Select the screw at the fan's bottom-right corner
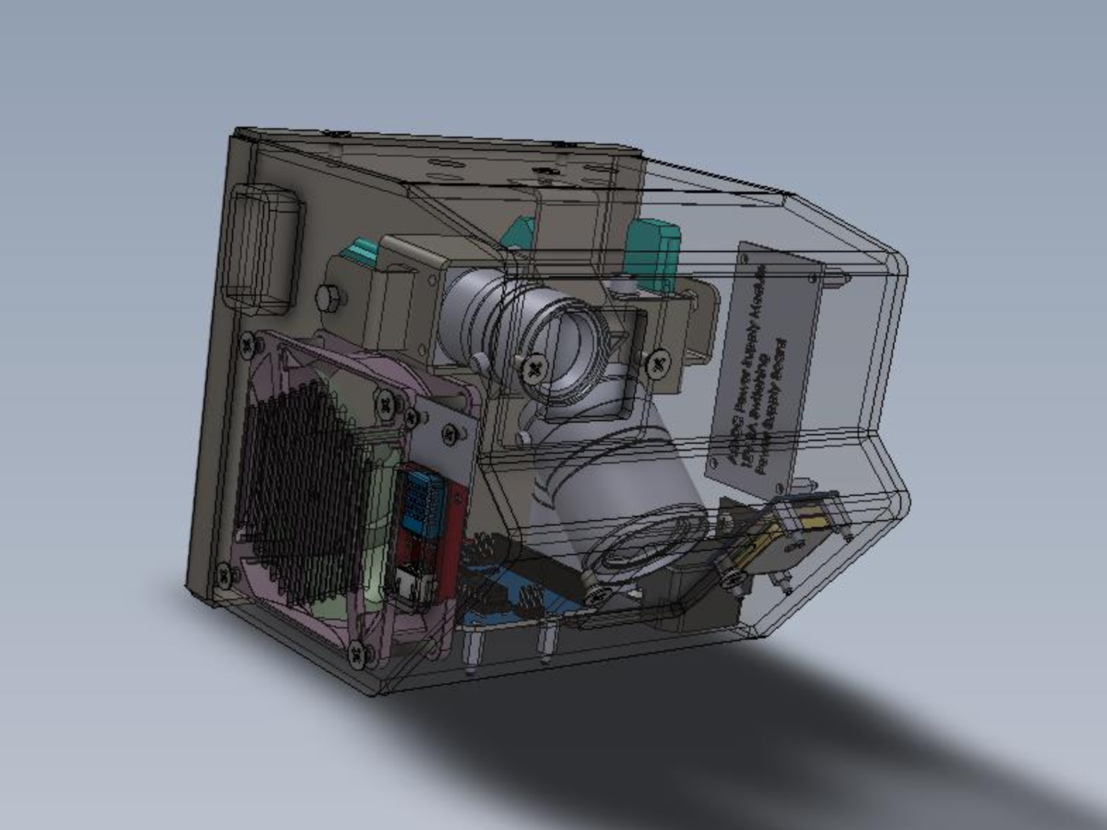tap(358, 653)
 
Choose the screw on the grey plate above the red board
tap(451, 433)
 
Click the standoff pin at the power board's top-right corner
tap(840, 276)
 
